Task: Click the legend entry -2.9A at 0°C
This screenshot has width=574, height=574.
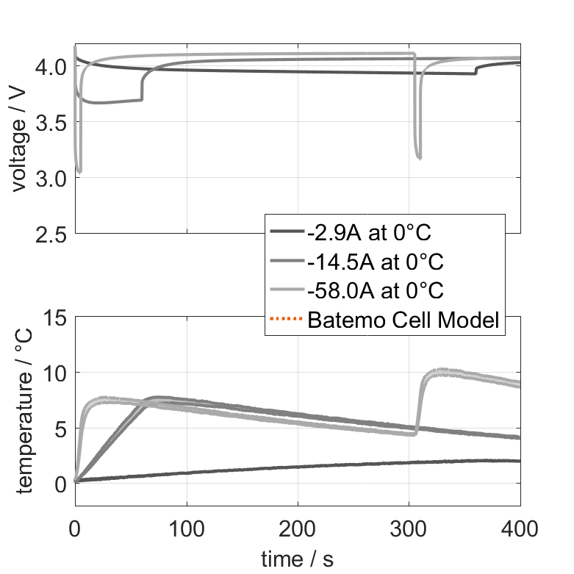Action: click(x=369, y=233)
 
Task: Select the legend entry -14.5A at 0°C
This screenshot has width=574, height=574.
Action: click(x=376, y=262)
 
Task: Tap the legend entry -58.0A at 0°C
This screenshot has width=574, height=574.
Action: click(x=376, y=290)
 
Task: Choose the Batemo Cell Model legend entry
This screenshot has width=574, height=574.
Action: click(x=403, y=320)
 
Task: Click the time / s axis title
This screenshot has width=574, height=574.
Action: click(x=297, y=560)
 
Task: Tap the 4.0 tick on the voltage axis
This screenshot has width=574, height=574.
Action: click(x=53, y=67)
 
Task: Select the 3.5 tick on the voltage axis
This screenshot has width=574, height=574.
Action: click(x=53, y=123)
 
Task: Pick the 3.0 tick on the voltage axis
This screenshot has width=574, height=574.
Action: click(x=53, y=179)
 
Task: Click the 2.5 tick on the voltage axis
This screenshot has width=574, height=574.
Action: click(x=53, y=234)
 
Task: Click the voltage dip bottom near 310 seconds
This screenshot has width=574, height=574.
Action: click(x=419, y=157)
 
